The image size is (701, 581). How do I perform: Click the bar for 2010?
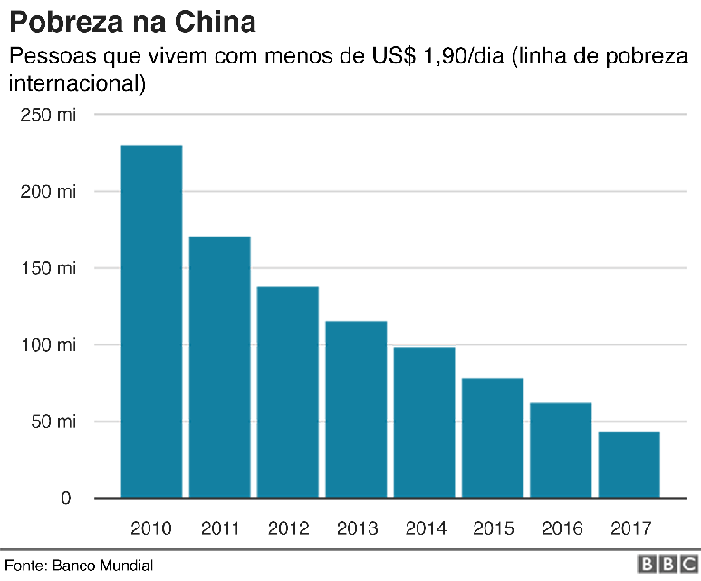(x=151, y=321)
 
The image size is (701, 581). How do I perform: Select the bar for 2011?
(x=219, y=366)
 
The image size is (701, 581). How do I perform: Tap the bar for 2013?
(x=356, y=409)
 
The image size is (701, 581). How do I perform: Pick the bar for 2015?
(x=493, y=438)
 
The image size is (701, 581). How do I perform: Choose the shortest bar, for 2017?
(x=629, y=465)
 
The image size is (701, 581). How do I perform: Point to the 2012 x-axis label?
(x=288, y=528)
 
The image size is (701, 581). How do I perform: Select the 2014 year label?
(x=425, y=528)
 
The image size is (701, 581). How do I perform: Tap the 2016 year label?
(x=561, y=528)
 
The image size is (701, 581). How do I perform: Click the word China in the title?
(x=210, y=20)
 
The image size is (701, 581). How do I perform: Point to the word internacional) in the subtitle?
(x=77, y=84)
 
